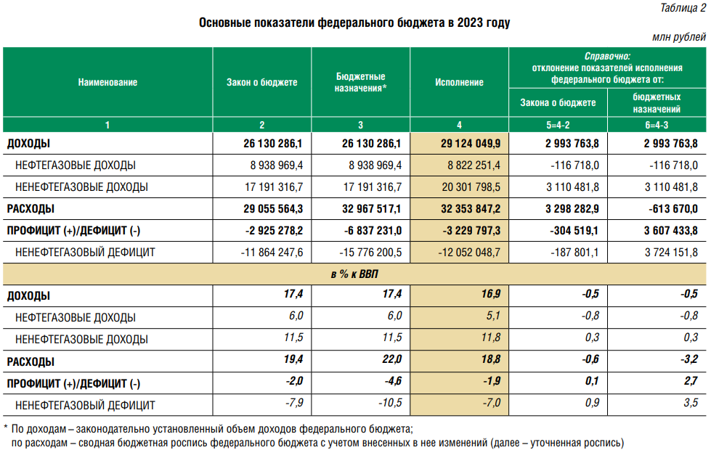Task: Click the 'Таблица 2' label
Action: (681, 8)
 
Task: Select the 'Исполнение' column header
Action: (459, 83)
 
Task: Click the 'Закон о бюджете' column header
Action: (262, 83)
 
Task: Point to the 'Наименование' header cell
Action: (107, 83)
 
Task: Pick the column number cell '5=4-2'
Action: (558, 125)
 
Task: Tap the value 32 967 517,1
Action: (373, 209)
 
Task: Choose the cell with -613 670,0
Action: (673, 209)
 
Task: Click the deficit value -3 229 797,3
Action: (471, 231)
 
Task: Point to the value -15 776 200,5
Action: (371, 253)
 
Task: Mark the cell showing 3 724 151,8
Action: (671, 253)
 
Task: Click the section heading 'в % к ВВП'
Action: (355, 274)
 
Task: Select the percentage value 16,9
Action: (490, 295)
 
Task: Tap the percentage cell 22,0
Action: (392, 361)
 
